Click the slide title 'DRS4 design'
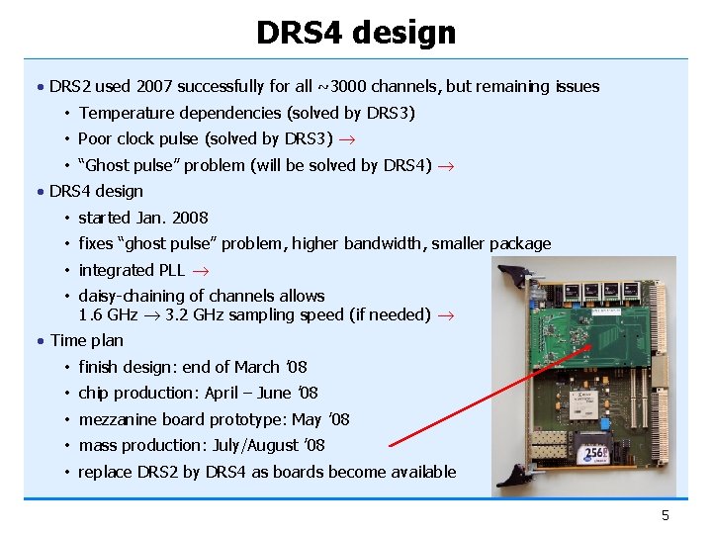pos(356,33)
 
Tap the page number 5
pos(666,515)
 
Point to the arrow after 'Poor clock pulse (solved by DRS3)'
pos(352,139)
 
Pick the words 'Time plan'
pos(86,340)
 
